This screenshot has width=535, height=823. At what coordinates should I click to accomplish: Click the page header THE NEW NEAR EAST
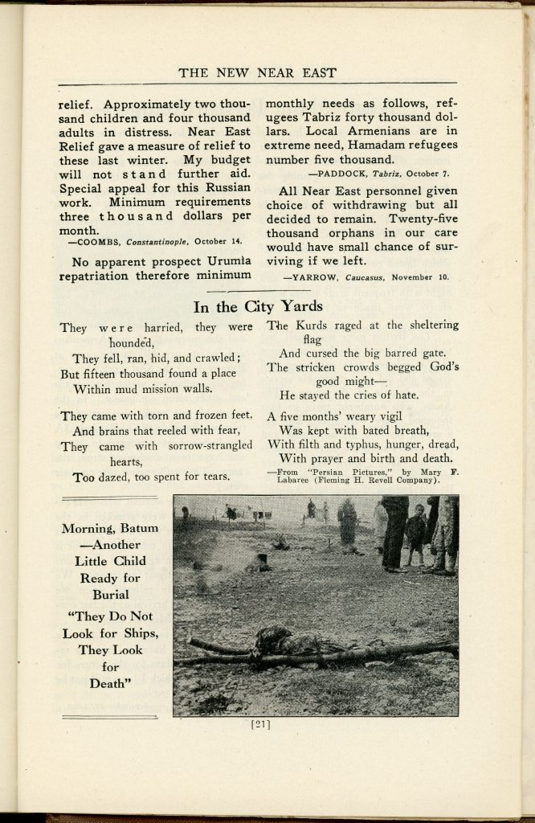point(257,73)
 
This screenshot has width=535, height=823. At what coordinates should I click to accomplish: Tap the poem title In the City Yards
point(258,306)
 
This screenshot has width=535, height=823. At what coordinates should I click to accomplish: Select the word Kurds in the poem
point(307,326)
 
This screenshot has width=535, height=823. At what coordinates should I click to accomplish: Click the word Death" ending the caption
point(110,684)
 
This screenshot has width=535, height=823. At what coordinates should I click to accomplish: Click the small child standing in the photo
point(415,534)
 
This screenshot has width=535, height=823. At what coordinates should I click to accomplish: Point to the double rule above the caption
point(110,499)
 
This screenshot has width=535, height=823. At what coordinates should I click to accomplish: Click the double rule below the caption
point(110,715)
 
